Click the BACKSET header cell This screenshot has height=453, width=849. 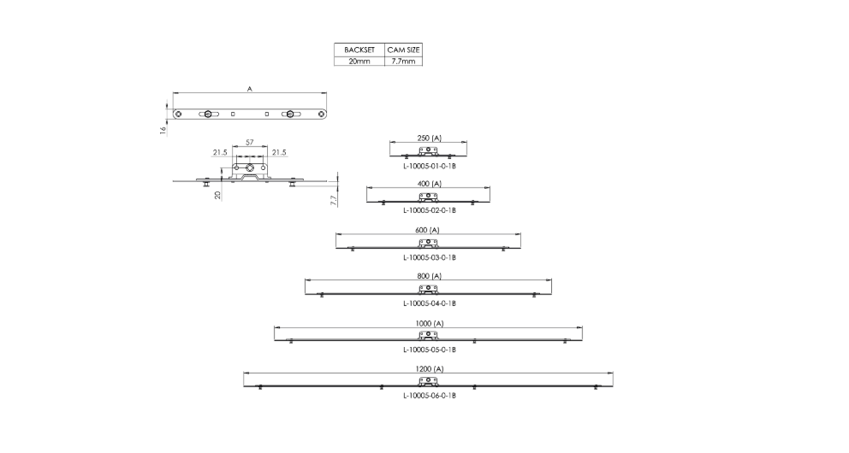[x=359, y=50]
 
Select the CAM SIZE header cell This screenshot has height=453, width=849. [x=403, y=50]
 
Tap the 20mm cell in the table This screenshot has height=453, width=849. [x=359, y=61]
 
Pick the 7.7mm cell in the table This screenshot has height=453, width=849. [x=403, y=61]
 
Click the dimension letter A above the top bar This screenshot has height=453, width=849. [x=250, y=89]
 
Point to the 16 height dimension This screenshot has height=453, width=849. [x=163, y=130]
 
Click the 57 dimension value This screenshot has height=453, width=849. [x=250, y=142]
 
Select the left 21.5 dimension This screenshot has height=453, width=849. [x=220, y=152]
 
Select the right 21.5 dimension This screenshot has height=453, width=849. [x=279, y=152]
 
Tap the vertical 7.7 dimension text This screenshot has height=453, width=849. [x=334, y=200]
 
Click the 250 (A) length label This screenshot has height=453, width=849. [x=429, y=138]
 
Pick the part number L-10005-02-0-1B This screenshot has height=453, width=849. [x=430, y=210]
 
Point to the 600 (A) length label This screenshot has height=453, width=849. [x=428, y=230]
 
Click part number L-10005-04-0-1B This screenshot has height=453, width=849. [x=430, y=303]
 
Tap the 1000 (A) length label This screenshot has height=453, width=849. [x=430, y=323]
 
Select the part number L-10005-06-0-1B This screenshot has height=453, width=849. [x=430, y=396]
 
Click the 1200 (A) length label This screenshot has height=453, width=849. [x=430, y=368]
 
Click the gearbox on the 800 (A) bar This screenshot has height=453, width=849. [x=428, y=290]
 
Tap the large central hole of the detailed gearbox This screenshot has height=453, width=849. [x=250, y=168]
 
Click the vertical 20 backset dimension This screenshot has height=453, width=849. [x=217, y=195]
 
